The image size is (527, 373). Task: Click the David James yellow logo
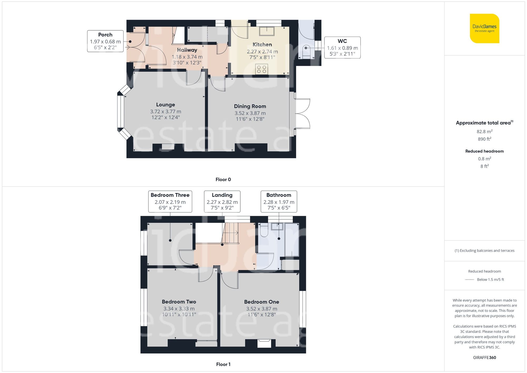click(484, 28)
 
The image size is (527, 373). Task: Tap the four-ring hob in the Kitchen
click(262, 69)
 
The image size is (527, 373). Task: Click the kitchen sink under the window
click(267, 31)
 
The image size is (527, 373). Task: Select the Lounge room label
click(165, 105)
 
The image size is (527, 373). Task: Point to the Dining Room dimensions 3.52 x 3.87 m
click(250, 113)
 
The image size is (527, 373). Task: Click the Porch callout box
click(105, 41)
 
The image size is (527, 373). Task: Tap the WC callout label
click(342, 47)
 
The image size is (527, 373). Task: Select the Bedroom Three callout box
click(170, 201)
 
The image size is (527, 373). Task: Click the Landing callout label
click(222, 201)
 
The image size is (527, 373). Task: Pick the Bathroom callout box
click(279, 201)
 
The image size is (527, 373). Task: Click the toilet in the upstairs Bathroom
click(264, 230)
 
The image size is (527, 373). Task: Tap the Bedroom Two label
click(179, 302)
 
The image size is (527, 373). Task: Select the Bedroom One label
click(261, 302)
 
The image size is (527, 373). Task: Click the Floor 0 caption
click(223, 180)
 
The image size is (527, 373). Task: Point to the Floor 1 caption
click(223, 364)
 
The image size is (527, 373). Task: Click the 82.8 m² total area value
click(484, 131)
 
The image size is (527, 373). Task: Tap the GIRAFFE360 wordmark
click(484, 357)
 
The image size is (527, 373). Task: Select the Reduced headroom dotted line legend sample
click(470, 279)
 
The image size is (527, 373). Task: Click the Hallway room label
click(187, 50)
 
